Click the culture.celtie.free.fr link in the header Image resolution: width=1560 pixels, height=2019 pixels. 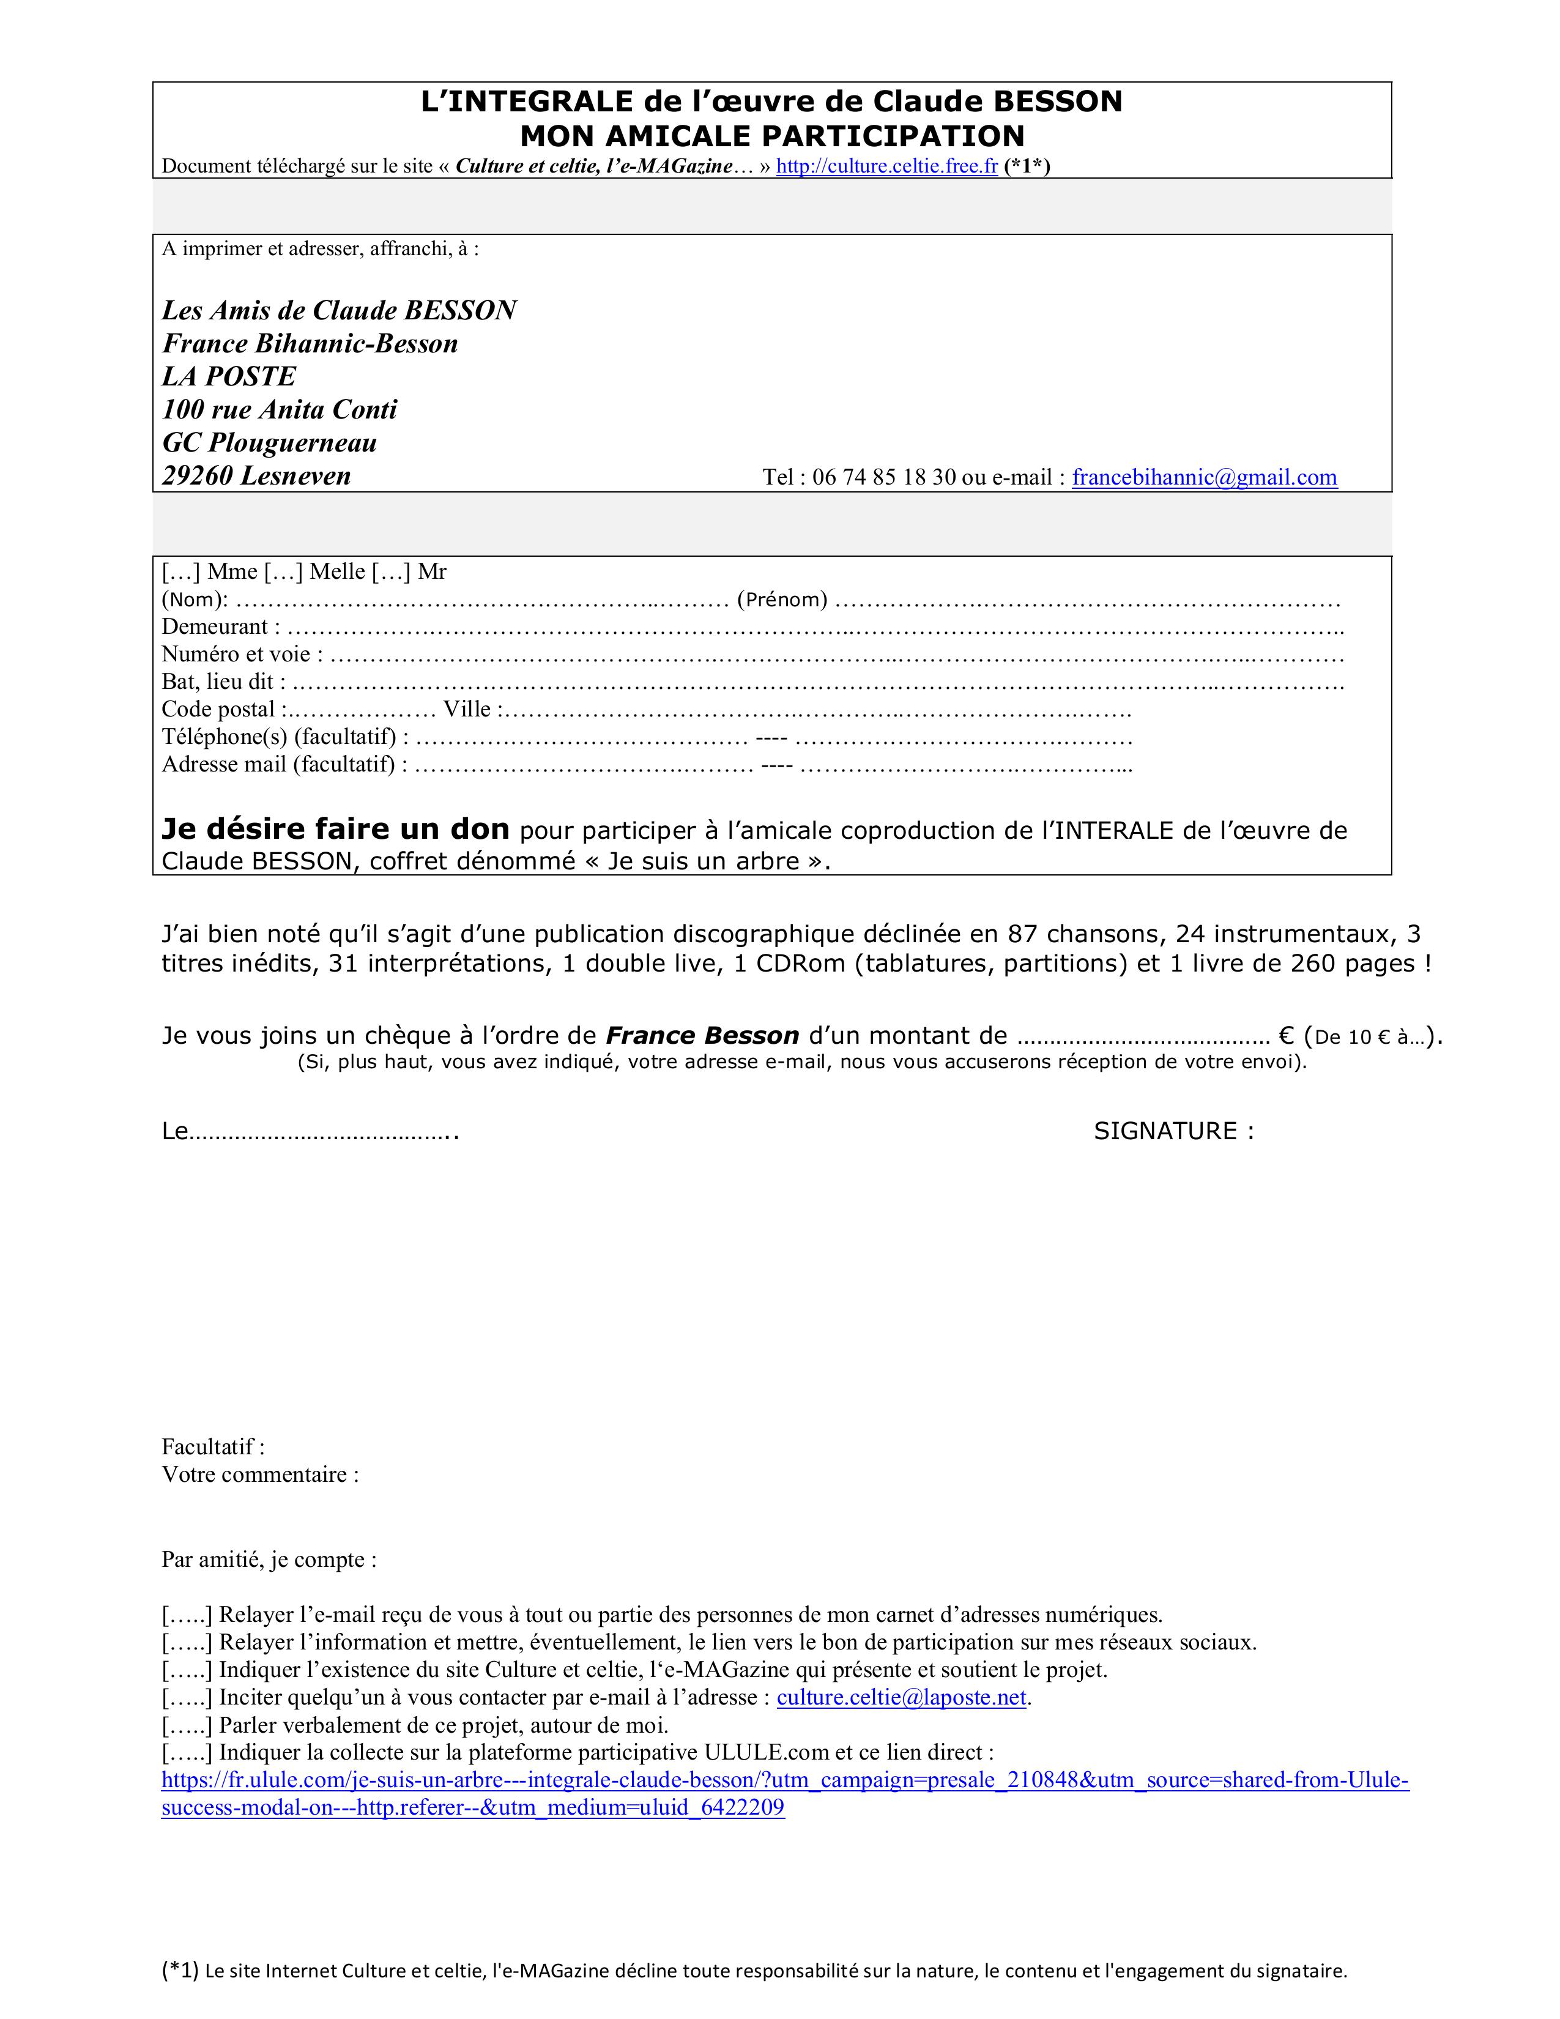(x=886, y=166)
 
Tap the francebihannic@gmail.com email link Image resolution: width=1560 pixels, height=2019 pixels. (x=1204, y=477)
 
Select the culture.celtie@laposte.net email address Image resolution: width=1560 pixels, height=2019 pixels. (x=901, y=1697)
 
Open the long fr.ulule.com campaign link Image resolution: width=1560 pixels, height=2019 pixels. (x=785, y=1780)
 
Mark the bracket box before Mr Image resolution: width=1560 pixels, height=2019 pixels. (x=391, y=572)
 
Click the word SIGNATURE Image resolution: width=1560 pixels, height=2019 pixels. (x=1164, y=1131)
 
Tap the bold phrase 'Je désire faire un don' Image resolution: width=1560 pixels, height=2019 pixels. (x=335, y=828)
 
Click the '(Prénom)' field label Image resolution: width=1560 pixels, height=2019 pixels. (x=782, y=600)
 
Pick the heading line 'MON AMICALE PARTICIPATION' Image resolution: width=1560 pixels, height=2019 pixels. (x=771, y=136)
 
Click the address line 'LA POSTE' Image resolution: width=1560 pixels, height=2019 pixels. (x=229, y=376)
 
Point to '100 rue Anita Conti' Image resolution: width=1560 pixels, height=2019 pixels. (x=279, y=409)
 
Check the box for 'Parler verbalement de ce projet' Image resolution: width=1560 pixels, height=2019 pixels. (x=188, y=1725)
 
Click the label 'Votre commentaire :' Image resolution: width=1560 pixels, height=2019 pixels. (x=259, y=1474)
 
